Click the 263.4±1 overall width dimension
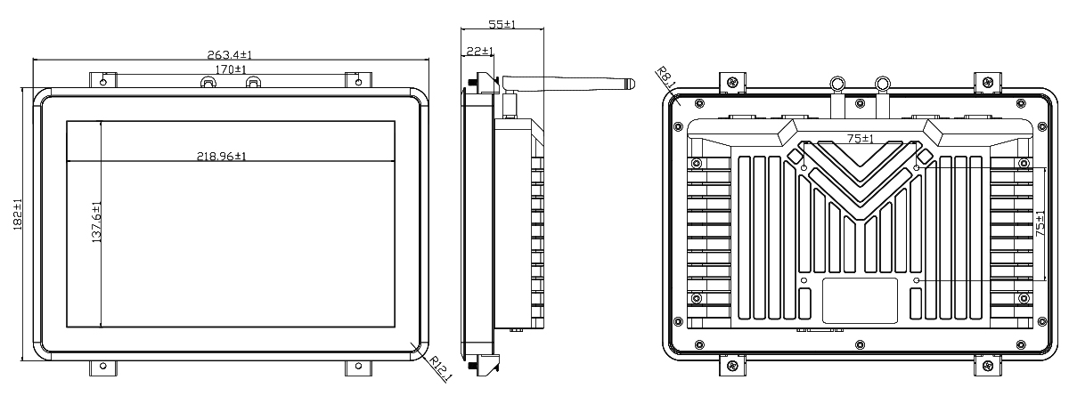[x=230, y=55]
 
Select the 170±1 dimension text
[x=231, y=69]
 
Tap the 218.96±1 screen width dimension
[x=222, y=156]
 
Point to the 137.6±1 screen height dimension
[x=96, y=222]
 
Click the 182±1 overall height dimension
[x=17, y=214]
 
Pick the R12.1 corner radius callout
[x=440, y=368]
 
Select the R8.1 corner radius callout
[x=665, y=77]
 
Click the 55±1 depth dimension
[x=502, y=24]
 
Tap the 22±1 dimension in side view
[x=479, y=51]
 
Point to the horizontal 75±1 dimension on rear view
[x=860, y=138]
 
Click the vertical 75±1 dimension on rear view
[x=1040, y=224]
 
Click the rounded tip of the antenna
[x=632, y=85]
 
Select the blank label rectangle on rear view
[x=860, y=301]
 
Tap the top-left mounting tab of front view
[x=103, y=80]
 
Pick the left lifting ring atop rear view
[x=837, y=85]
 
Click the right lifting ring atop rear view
[x=883, y=85]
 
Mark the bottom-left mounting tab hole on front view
[x=103, y=366]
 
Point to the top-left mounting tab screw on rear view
[x=732, y=83]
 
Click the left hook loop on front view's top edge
[x=208, y=82]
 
